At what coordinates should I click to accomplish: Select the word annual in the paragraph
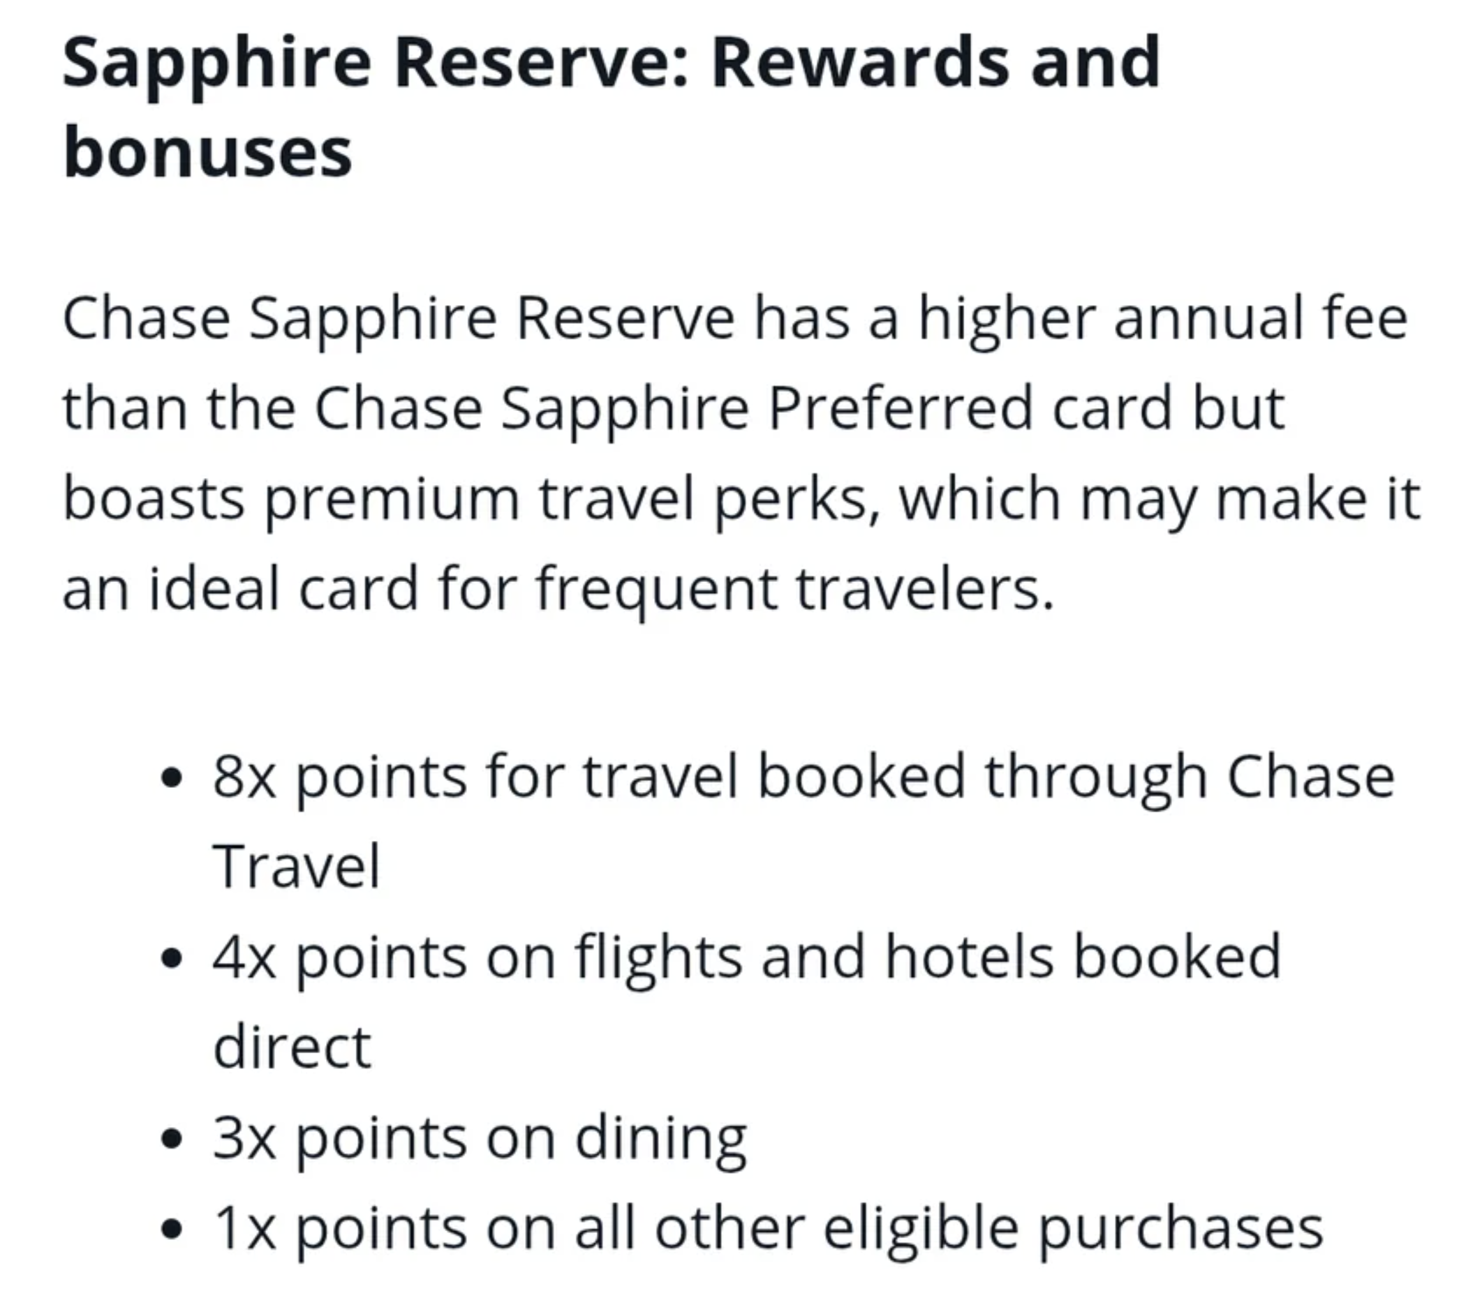pos(1206,318)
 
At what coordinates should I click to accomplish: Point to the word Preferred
pos(900,408)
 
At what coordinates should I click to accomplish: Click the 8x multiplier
pos(244,778)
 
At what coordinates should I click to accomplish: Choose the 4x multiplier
pos(244,958)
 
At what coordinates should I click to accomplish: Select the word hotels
pos(970,957)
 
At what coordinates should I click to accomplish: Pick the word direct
pos(292,1047)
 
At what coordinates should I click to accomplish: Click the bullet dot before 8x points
pos(171,779)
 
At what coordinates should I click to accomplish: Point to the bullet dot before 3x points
pos(171,1140)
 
